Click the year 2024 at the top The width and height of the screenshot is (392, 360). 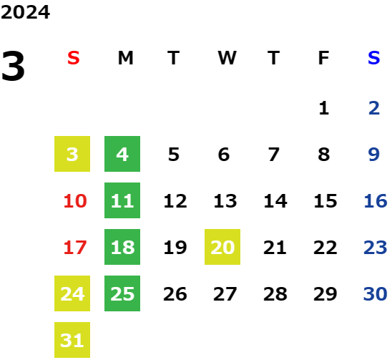(x=25, y=12)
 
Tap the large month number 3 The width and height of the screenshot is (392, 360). (x=13, y=66)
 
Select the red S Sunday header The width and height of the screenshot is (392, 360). (x=74, y=58)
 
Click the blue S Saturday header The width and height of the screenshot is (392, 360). (x=374, y=58)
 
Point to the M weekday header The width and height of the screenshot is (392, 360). (x=125, y=58)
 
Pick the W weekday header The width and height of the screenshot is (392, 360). (x=227, y=58)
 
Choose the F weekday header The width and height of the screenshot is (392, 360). (x=324, y=58)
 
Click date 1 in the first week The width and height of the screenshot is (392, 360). (x=324, y=108)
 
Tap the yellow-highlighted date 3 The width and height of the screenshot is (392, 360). (x=72, y=154)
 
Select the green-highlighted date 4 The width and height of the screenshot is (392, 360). (x=122, y=154)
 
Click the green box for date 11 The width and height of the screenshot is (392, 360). (x=122, y=200)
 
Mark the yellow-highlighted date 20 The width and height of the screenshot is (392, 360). (x=222, y=247)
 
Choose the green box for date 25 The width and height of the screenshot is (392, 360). (x=122, y=293)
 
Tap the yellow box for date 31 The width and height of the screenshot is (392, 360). (x=72, y=340)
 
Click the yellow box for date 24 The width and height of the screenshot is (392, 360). (x=72, y=293)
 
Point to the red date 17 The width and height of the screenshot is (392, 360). (x=75, y=248)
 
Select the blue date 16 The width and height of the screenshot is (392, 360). (x=376, y=201)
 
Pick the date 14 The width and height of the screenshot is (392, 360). (x=275, y=201)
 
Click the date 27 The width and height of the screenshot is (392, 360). (x=225, y=294)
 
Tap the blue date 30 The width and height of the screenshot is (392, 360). (x=376, y=294)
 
